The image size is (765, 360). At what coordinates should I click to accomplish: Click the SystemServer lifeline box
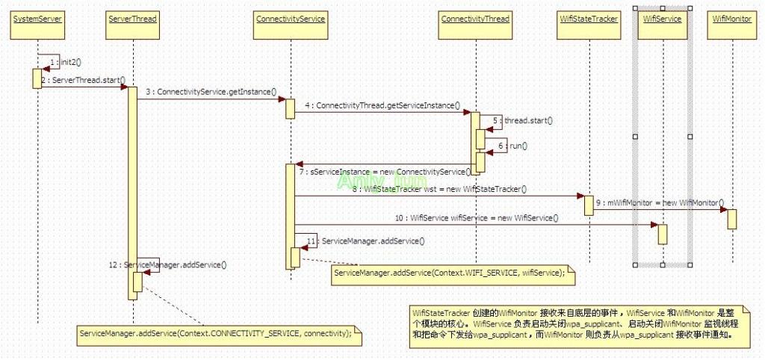(37, 19)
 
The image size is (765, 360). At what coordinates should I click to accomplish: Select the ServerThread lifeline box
(132, 19)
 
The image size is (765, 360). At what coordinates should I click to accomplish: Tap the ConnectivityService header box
(290, 19)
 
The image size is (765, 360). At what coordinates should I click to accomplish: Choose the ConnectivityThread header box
(474, 19)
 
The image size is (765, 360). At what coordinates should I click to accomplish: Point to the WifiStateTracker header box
(589, 19)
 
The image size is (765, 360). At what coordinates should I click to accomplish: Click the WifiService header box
(662, 19)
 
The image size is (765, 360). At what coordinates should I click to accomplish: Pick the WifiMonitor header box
(731, 19)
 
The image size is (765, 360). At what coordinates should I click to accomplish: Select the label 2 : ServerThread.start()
(83, 80)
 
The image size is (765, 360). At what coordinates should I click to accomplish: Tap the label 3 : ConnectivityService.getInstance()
(211, 92)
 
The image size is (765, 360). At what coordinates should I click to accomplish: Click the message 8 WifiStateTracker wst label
(439, 190)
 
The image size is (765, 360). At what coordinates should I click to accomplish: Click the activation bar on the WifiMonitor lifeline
(731, 219)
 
